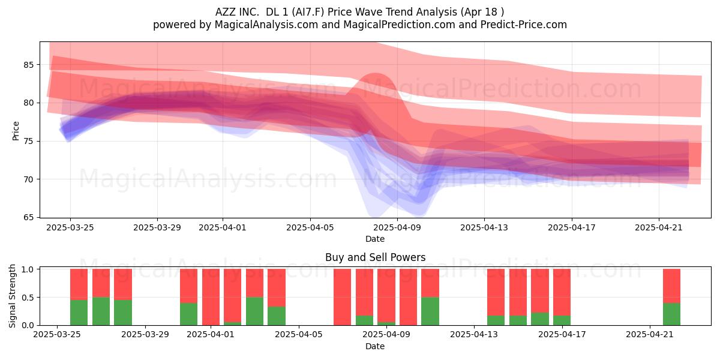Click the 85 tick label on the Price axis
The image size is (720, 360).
tap(28, 65)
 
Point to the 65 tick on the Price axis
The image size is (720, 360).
tap(28, 218)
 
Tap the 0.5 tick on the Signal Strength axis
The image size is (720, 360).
tap(28, 298)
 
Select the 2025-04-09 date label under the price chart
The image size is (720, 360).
tap(397, 227)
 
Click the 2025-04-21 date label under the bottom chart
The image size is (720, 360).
tap(650, 335)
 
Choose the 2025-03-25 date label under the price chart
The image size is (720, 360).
tap(70, 227)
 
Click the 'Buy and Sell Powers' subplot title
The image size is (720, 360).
tap(375, 257)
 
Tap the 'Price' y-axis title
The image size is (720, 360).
tap(16, 131)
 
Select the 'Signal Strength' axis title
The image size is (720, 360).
tap(12, 296)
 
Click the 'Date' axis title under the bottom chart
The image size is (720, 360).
tap(375, 346)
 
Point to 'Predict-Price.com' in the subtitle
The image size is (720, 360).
tap(524, 25)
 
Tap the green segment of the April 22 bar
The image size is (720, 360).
tap(671, 314)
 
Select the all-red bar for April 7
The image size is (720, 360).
tap(343, 297)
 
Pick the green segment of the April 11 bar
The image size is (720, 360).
tap(430, 311)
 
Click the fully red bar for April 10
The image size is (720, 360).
tap(408, 297)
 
